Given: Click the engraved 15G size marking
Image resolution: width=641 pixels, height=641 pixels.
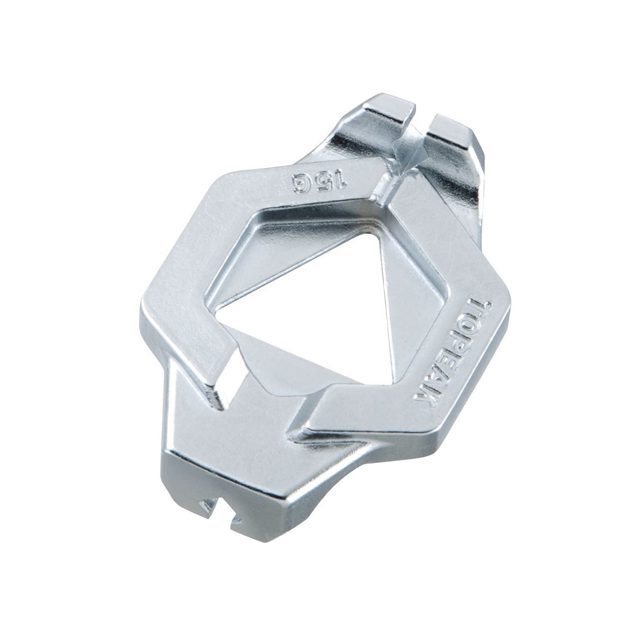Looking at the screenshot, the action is click(x=319, y=183).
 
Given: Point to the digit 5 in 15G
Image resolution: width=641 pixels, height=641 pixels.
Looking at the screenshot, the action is click(x=324, y=183).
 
